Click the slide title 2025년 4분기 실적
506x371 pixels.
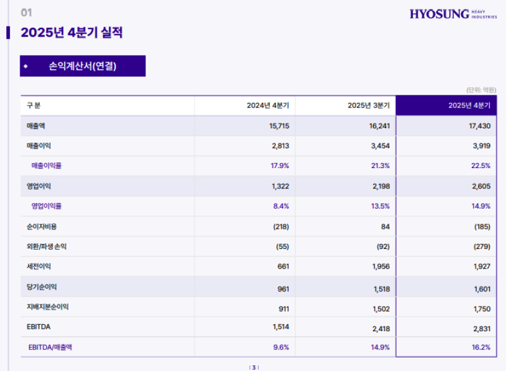(x=71, y=33)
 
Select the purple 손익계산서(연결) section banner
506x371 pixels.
(x=82, y=66)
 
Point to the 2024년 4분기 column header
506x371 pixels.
(x=268, y=106)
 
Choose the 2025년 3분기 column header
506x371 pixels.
(x=368, y=106)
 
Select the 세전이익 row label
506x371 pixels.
(x=39, y=267)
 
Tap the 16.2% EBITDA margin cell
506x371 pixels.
(x=481, y=347)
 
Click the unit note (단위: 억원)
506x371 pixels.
(x=481, y=90)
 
